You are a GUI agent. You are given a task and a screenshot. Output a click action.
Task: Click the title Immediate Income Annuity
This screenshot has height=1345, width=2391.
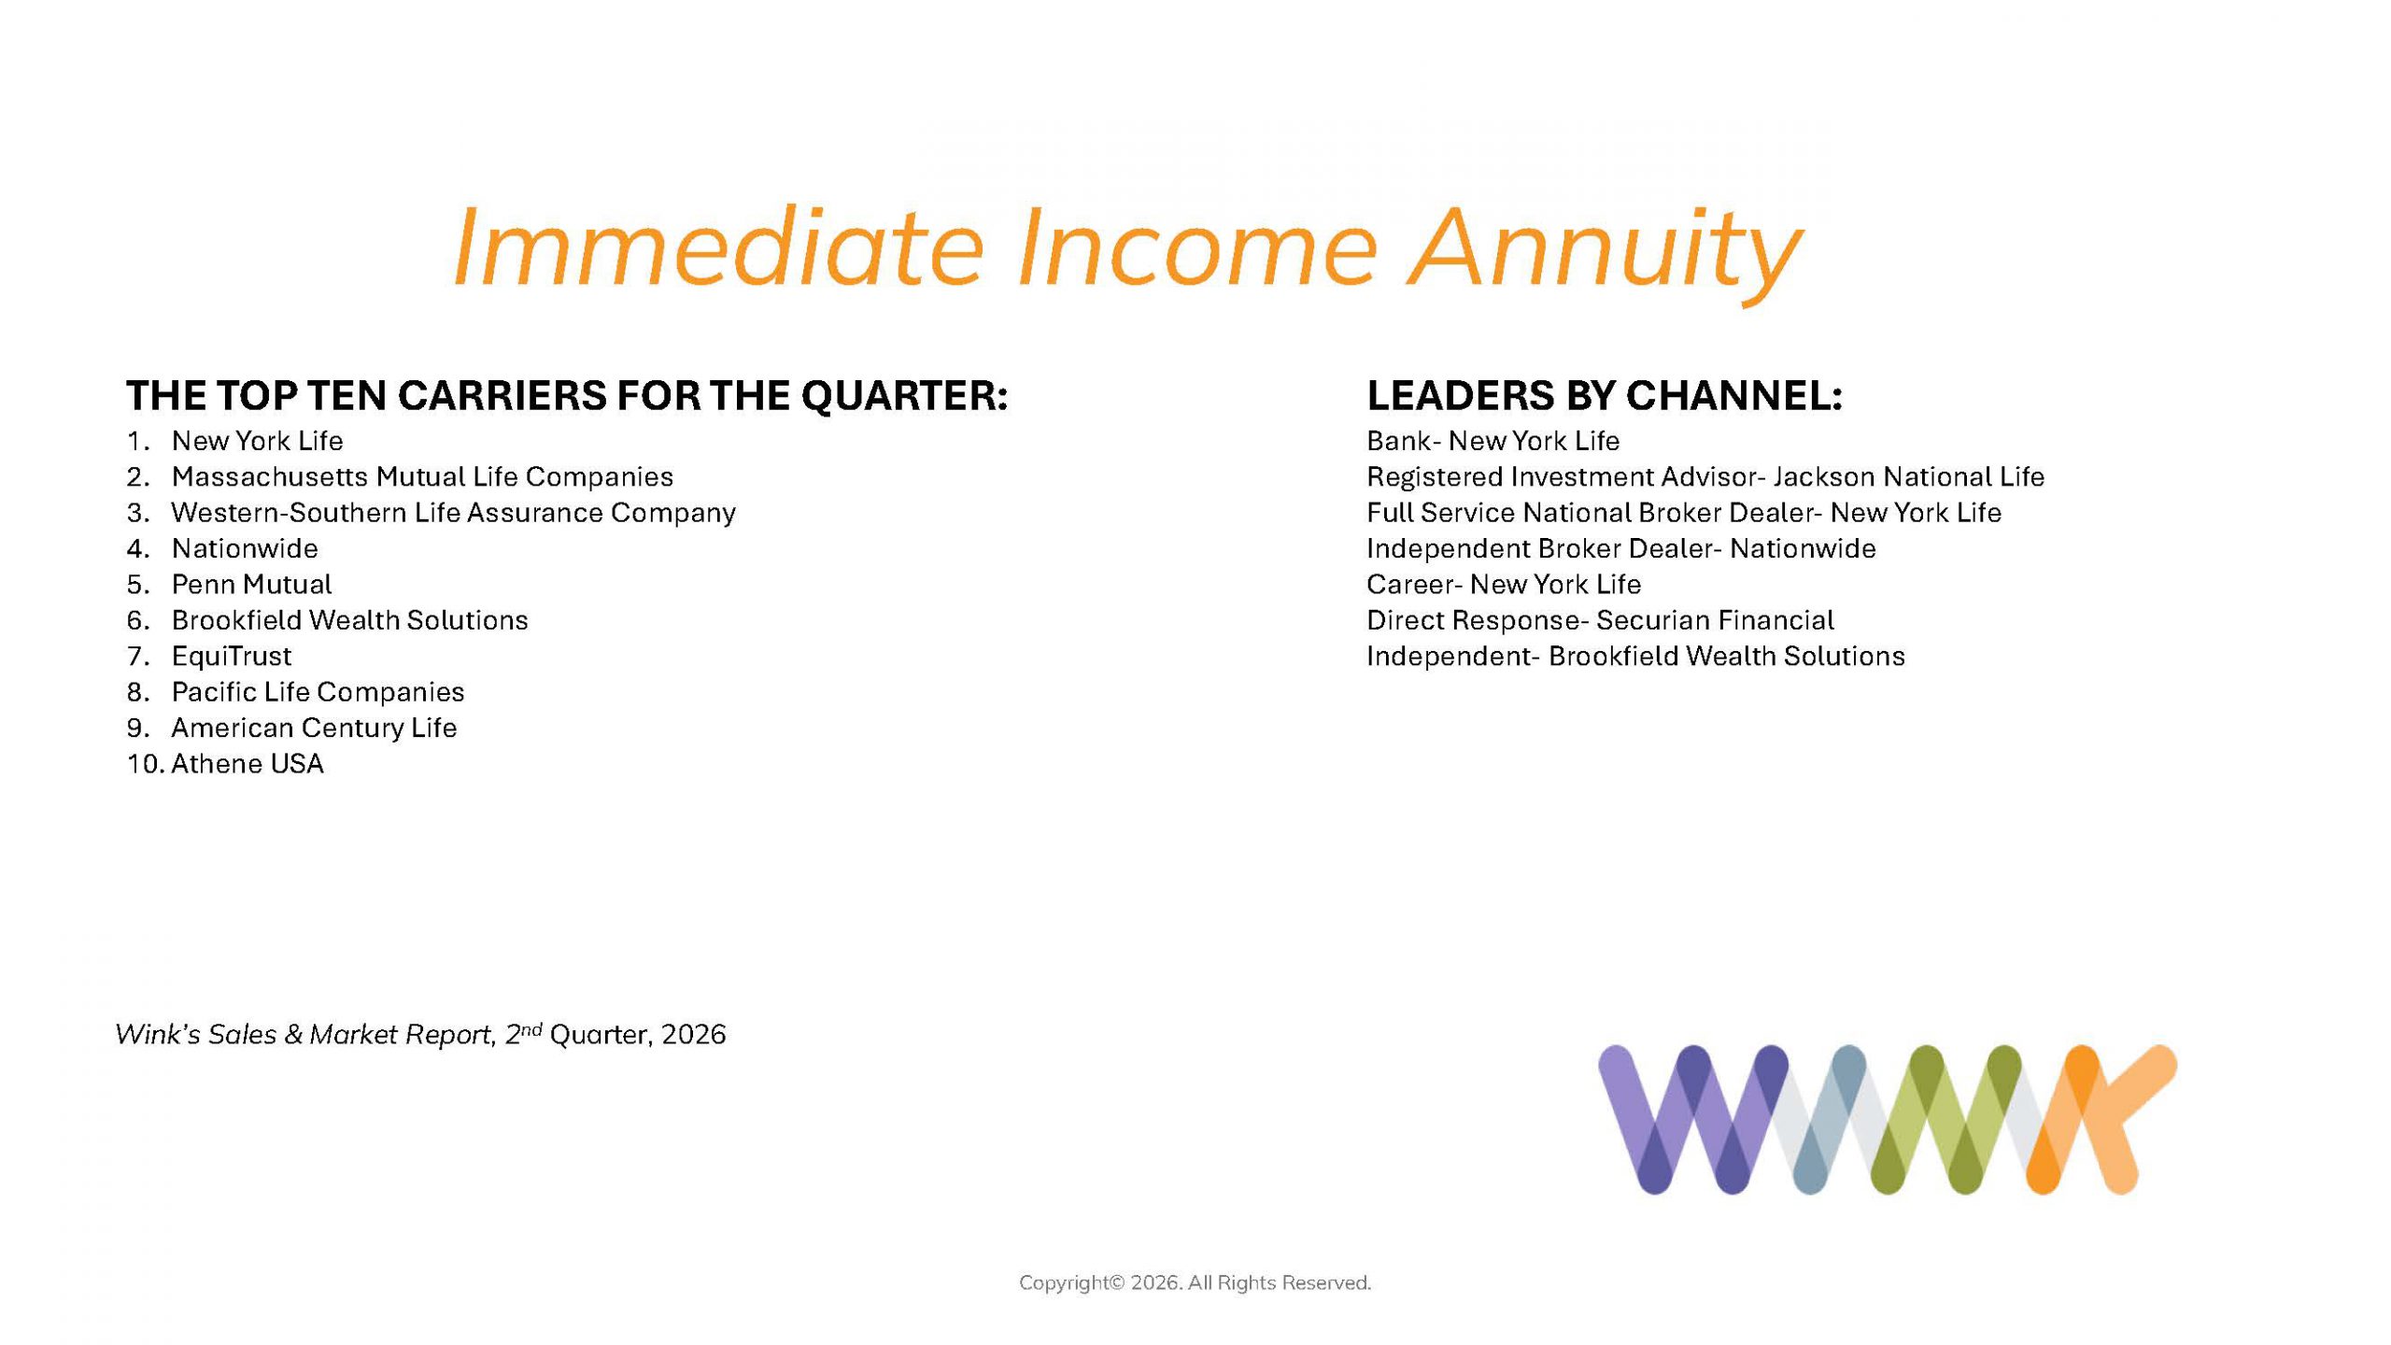pyautogui.click(x=1126, y=248)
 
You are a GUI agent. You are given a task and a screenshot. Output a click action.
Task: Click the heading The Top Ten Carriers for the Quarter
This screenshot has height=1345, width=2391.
pyautogui.click(x=567, y=396)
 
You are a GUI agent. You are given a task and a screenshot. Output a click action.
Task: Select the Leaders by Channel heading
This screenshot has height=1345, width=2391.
pyautogui.click(x=1605, y=396)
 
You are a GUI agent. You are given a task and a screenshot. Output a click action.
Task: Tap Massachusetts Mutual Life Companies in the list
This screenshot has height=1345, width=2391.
pyautogui.click(x=422, y=477)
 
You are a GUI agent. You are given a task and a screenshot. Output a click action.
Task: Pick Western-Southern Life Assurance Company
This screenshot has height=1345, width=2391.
pyautogui.click(x=454, y=513)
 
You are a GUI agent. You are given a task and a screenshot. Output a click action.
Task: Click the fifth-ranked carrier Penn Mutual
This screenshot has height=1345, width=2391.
pyautogui.click(x=251, y=585)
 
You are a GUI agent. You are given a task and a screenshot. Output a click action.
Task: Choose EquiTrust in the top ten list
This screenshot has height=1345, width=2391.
pyautogui.click(x=232, y=657)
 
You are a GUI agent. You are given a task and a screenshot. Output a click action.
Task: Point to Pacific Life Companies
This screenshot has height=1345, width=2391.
pyautogui.click(x=318, y=692)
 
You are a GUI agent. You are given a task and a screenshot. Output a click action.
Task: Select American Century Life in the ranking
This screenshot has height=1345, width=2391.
pyautogui.click(x=314, y=728)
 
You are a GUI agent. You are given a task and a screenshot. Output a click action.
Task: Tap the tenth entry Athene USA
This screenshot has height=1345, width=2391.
pyautogui.click(x=248, y=764)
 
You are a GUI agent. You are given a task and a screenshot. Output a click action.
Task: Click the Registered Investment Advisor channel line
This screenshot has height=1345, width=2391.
pyautogui.click(x=1705, y=477)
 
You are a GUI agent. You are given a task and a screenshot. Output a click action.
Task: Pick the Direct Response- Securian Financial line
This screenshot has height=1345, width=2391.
pyautogui.click(x=1600, y=620)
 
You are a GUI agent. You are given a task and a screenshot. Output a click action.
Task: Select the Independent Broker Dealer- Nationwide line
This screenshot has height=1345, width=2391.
pyautogui.click(x=1621, y=549)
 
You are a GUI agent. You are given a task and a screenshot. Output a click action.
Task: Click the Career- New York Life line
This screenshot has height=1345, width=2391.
pyautogui.click(x=1504, y=585)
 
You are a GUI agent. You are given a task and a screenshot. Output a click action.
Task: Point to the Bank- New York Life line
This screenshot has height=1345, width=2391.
pyautogui.click(x=1493, y=441)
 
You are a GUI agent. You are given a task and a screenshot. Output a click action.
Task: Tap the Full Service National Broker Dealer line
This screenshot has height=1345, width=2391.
pyautogui.click(x=1684, y=513)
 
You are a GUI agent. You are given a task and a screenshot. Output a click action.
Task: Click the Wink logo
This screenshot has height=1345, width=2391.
pyautogui.click(x=1888, y=1119)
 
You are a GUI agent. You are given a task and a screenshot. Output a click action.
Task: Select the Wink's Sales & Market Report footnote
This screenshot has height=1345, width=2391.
pyautogui.click(x=420, y=1034)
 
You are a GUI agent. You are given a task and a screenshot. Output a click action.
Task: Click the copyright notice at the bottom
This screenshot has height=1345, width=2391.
pyautogui.click(x=1195, y=1283)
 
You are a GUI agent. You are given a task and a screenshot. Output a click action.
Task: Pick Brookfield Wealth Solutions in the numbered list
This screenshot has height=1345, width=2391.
pyautogui.click(x=349, y=620)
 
